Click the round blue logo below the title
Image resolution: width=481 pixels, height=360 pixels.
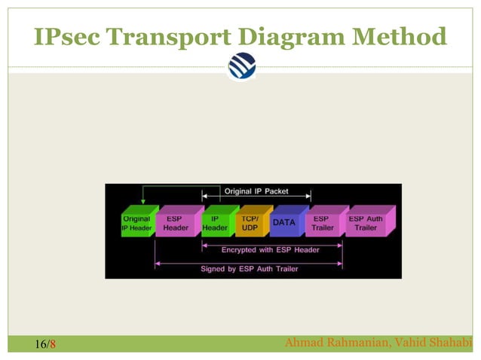point(241,66)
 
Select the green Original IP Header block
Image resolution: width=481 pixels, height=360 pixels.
point(136,223)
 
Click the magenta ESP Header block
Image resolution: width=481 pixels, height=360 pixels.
point(176,223)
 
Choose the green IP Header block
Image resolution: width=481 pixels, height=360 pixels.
point(215,223)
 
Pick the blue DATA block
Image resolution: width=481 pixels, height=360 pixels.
point(284,223)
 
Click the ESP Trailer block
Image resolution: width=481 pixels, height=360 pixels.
point(323,223)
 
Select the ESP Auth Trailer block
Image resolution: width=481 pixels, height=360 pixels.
point(366,223)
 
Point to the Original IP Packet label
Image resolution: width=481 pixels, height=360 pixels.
point(256,191)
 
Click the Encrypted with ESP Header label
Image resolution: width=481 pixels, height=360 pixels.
point(271,249)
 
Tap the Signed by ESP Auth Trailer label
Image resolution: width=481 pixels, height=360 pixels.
point(250,268)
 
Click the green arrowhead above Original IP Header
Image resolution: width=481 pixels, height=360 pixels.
point(142,200)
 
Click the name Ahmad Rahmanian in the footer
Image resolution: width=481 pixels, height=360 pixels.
point(333,344)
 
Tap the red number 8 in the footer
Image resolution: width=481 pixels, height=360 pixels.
point(53,345)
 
